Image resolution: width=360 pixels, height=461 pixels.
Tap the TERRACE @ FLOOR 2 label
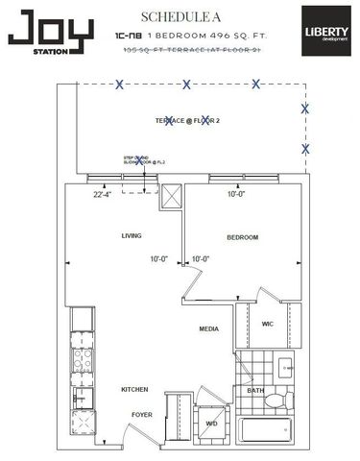coord(186,121)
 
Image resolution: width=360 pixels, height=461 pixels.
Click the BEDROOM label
coord(242,237)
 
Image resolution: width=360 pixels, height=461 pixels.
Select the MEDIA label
coord(209,328)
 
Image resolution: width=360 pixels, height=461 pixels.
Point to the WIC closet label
coord(268,325)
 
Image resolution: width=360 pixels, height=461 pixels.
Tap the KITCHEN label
coord(133,390)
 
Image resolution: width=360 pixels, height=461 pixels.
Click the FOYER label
coord(142,415)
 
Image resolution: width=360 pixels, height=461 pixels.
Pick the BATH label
coord(255,391)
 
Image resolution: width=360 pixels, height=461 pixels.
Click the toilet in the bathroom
coord(277,400)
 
